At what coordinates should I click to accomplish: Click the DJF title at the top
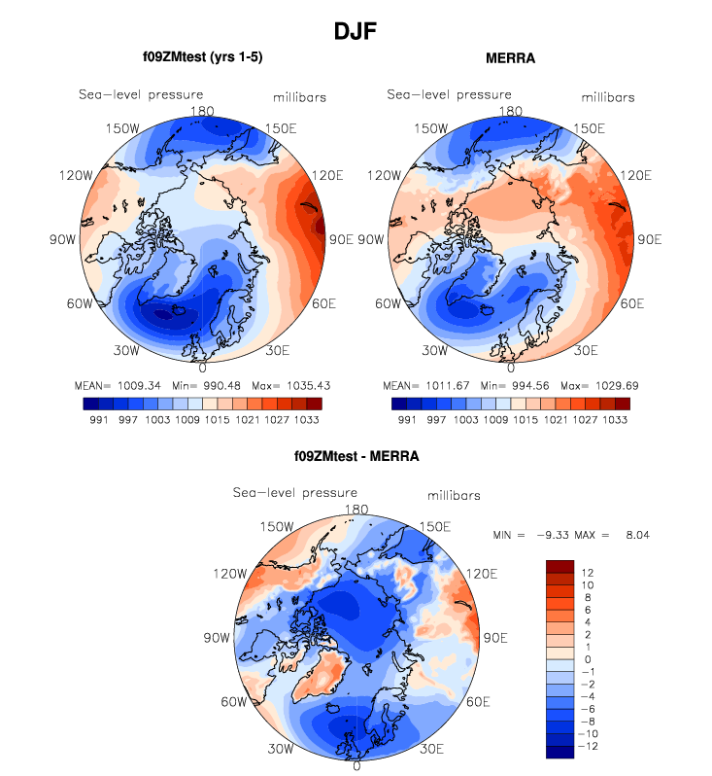click(356, 31)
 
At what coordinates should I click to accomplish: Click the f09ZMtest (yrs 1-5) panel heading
click(202, 57)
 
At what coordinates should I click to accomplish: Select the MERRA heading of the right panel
click(510, 58)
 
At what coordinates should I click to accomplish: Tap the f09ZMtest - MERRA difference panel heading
click(356, 455)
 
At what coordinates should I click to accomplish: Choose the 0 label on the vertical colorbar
click(586, 657)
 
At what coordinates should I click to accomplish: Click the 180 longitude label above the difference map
click(356, 510)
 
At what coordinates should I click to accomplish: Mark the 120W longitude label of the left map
click(76, 175)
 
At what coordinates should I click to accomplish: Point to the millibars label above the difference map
click(455, 496)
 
